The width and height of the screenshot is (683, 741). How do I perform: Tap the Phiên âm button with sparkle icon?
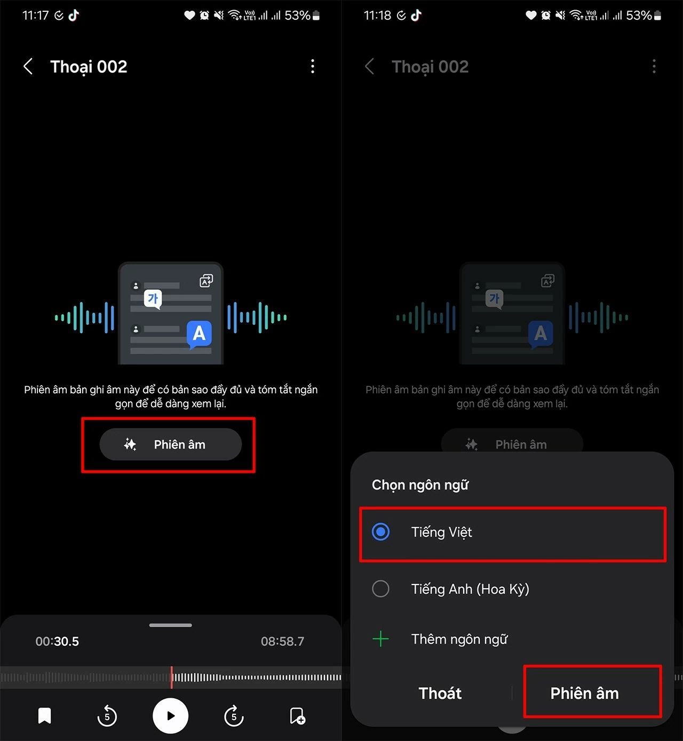coord(170,444)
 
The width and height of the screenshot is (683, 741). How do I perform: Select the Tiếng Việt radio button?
coord(380,532)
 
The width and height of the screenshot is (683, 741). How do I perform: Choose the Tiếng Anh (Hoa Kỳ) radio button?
coord(380,589)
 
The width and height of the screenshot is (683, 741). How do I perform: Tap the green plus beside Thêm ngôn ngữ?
coord(380,639)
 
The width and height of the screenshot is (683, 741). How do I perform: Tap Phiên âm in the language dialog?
coord(584,693)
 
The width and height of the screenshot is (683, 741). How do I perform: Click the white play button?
coord(170,716)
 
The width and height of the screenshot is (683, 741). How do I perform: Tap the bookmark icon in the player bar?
coord(45,716)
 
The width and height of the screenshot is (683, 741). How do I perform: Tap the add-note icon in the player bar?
coord(297,716)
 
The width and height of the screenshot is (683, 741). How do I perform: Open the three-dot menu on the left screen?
coord(313,67)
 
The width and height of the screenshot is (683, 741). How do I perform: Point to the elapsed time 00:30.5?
coord(57,642)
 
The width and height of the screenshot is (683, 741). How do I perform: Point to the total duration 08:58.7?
coord(282,642)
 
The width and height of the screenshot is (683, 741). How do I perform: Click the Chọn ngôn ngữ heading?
coord(420,485)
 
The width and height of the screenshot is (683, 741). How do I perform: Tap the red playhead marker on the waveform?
coord(171,677)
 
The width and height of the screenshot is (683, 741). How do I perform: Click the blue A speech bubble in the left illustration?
coord(199,334)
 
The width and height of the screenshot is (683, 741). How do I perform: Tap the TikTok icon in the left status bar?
coord(74,15)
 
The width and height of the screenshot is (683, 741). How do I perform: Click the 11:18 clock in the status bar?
coord(377,15)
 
